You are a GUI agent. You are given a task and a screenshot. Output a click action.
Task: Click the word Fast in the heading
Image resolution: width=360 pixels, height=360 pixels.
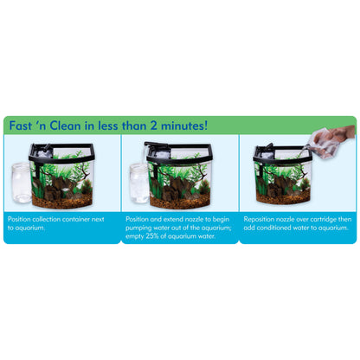21,125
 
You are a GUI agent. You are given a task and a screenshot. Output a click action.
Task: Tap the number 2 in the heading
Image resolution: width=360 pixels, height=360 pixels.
153,125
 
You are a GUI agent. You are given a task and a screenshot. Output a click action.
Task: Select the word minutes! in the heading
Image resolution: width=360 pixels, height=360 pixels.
184,125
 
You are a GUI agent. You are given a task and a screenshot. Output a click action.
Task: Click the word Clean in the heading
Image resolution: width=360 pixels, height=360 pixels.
65,125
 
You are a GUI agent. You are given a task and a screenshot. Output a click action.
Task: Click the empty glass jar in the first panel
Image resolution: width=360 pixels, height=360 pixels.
21,183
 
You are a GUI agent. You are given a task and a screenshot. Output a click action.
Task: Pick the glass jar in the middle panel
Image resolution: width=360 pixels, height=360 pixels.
139,183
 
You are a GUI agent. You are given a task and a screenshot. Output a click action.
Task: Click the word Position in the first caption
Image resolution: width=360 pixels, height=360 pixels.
19,219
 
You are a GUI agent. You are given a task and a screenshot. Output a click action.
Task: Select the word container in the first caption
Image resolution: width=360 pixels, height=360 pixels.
76,219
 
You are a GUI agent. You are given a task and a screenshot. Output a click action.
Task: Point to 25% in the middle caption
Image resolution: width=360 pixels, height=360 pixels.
151,236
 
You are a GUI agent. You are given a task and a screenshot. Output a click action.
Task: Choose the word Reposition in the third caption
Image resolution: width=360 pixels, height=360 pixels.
258,219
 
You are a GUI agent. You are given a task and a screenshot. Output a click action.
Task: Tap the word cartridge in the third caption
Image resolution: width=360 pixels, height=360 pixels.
325,219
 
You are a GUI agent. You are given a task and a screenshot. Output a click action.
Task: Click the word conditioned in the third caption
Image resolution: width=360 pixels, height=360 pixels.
273,228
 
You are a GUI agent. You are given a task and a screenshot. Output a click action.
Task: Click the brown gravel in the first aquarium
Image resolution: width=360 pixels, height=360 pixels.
61,201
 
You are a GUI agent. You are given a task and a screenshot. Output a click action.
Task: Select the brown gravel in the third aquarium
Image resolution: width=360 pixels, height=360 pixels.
283,197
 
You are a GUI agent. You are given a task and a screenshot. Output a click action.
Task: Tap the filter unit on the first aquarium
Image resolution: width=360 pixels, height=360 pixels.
41,151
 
